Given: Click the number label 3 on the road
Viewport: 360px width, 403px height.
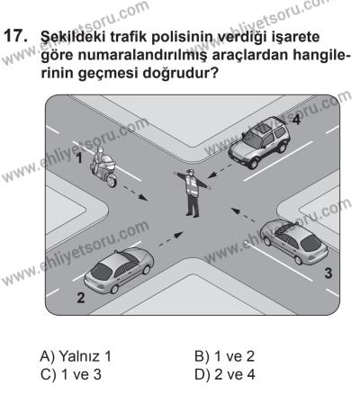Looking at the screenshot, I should pyautogui.click(x=328, y=271).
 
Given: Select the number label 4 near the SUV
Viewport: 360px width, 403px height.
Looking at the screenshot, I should pyautogui.click(x=295, y=119).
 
